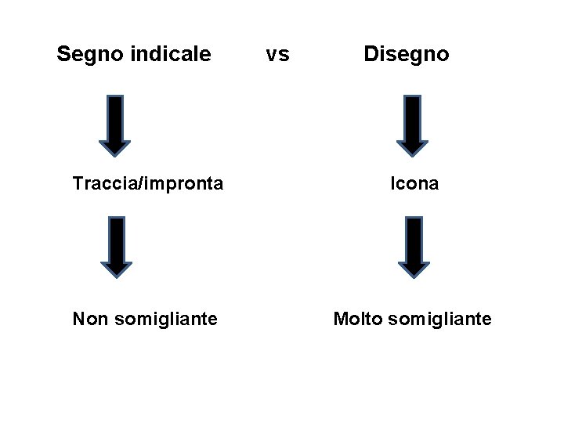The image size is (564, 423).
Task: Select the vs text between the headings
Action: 277,54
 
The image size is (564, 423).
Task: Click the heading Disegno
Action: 406,54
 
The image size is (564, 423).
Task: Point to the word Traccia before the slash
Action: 101,183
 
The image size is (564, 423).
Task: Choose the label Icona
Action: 415,183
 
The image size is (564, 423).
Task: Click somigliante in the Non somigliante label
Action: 165,320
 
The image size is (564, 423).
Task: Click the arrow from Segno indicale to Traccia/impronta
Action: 114,125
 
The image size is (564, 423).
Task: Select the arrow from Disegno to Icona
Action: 413,125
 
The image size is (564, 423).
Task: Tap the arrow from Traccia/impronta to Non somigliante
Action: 117,247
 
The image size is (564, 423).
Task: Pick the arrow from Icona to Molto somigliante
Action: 414,247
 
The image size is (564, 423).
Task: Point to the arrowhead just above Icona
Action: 413,146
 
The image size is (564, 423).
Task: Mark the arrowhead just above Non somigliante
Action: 117,268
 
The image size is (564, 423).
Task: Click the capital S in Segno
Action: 63,54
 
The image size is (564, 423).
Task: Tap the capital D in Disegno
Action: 371,54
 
